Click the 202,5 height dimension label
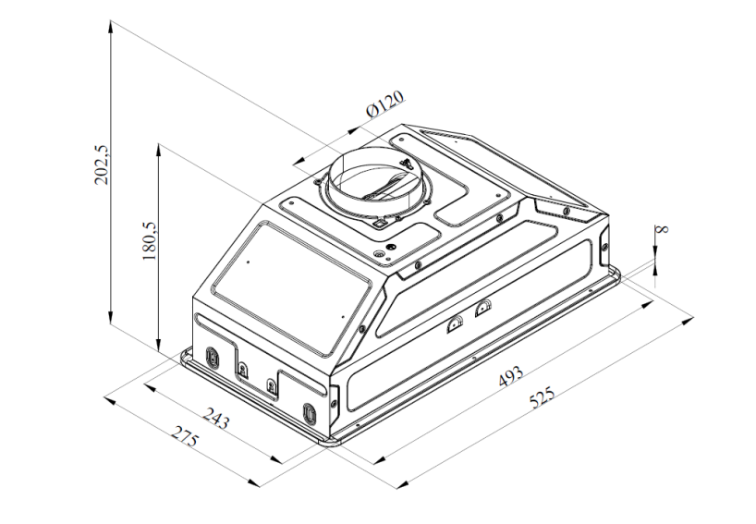click(x=103, y=165)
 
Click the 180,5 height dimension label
click(x=149, y=241)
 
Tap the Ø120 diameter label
click(x=384, y=104)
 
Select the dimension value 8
click(x=664, y=227)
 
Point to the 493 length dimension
click(x=510, y=376)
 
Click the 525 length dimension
click(x=542, y=397)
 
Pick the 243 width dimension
click(x=215, y=418)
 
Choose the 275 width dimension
click(x=185, y=435)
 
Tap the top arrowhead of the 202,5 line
click(x=111, y=26)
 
